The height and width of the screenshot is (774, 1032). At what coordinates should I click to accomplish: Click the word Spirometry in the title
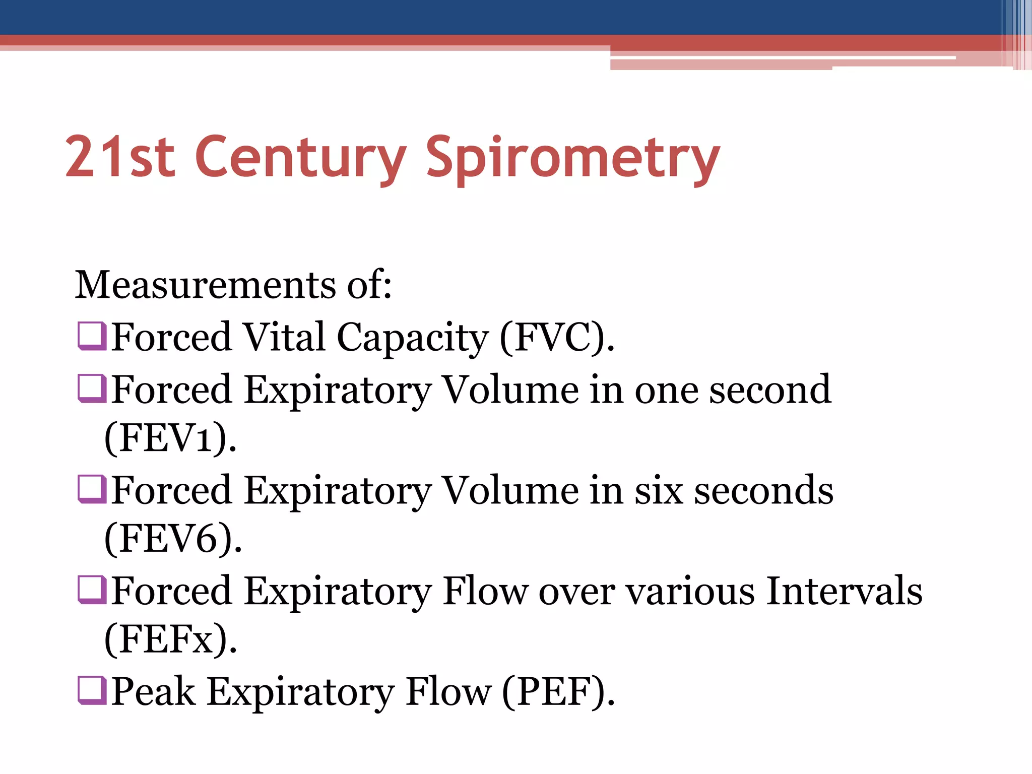click(573, 159)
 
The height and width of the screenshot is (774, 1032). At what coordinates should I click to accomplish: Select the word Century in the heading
click(300, 159)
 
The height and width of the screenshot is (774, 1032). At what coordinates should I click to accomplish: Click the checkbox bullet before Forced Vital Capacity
click(92, 336)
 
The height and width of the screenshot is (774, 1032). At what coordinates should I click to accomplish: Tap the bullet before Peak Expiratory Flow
click(92, 690)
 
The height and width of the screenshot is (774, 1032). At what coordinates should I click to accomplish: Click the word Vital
click(284, 337)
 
